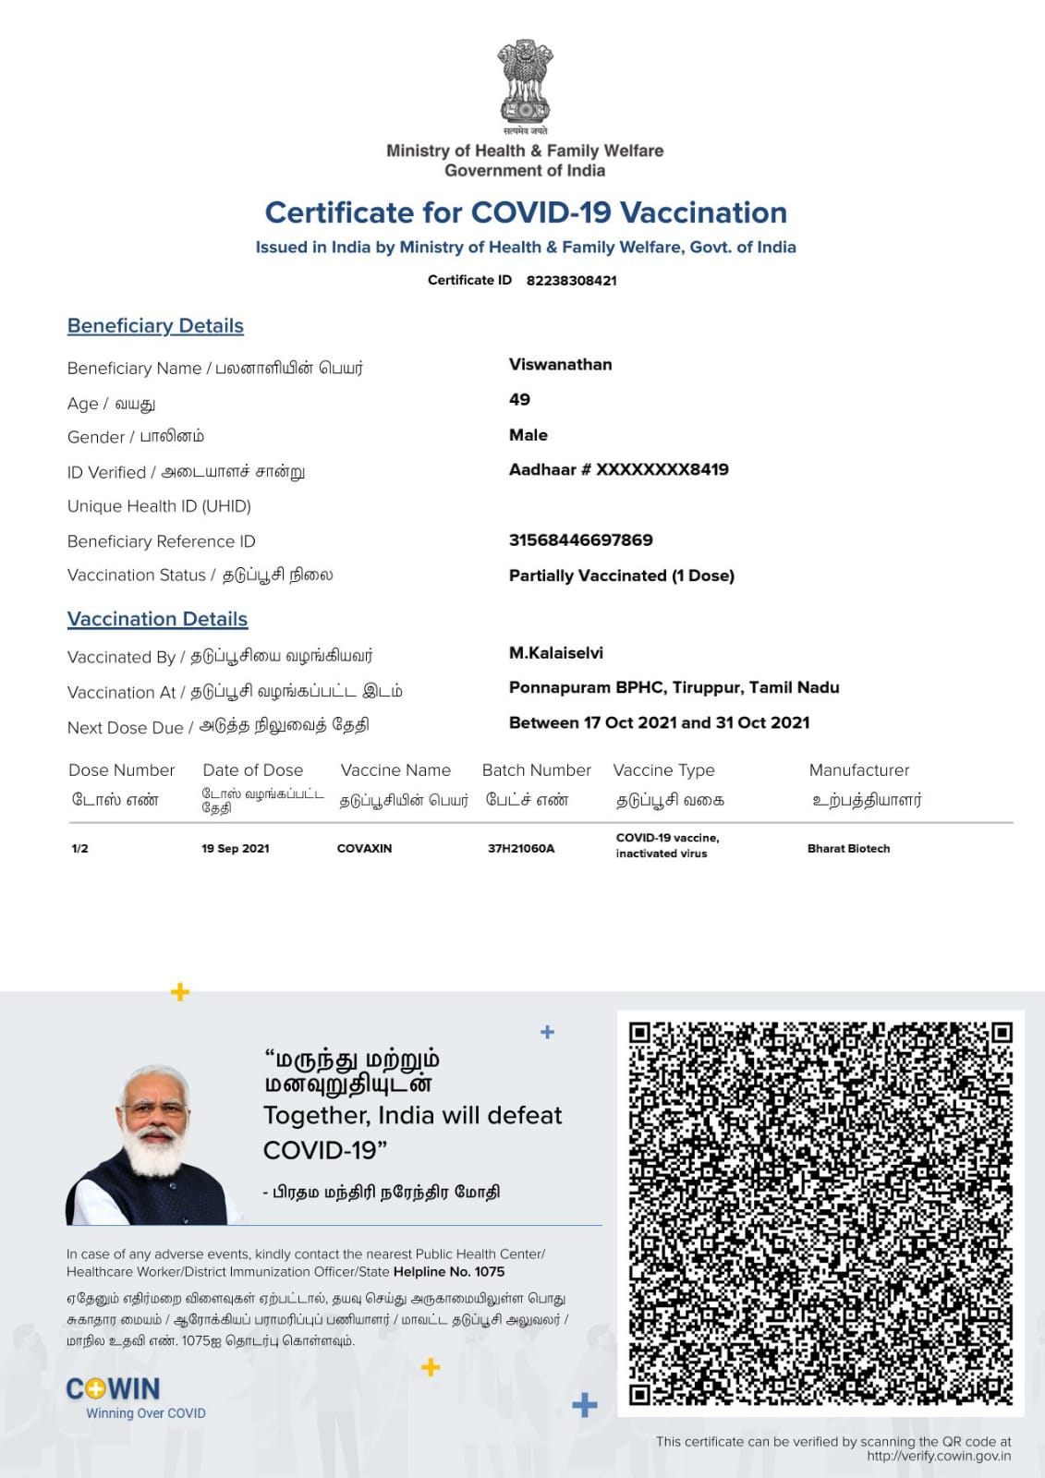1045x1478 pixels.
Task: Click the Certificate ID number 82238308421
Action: [x=571, y=280]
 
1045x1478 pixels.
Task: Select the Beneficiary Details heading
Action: [x=155, y=325]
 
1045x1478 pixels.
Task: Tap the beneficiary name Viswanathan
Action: [x=560, y=364]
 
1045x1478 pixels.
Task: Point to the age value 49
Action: [x=519, y=399]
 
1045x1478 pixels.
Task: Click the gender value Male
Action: [x=528, y=434]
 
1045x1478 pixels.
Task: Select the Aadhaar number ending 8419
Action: [x=618, y=469]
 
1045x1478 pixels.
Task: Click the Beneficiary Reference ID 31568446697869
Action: [x=580, y=539]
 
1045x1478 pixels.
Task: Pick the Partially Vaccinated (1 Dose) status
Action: [x=621, y=575]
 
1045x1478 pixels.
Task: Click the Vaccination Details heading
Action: [x=157, y=619]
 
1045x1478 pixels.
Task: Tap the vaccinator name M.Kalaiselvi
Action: [x=555, y=652]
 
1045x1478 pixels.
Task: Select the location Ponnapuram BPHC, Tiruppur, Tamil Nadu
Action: [x=674, y=687]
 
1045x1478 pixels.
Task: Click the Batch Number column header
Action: [x=536, y=769]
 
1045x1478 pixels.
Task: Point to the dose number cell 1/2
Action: [x=80, y=848]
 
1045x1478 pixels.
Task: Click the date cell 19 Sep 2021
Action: [x=236, y=848]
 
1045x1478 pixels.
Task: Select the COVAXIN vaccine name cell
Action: [x=364, y=848]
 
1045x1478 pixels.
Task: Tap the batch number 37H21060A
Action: [x=521, y=848]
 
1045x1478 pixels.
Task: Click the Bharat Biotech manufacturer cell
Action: [x=848, y=848]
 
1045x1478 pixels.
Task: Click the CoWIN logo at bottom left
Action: [x=114, y=1389]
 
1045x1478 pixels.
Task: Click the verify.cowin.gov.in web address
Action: [x=939, y=1456]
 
